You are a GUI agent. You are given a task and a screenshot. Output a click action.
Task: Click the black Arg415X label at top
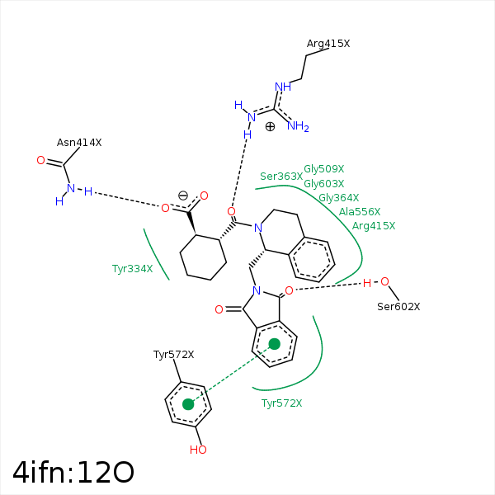[328, 44]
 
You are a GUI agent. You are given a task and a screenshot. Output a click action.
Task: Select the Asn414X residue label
[79, 143]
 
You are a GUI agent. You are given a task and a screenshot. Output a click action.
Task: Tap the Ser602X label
[398, 307]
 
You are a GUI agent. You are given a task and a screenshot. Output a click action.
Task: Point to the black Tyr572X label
[173, 355]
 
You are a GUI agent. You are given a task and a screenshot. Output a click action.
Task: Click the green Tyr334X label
[132, 269]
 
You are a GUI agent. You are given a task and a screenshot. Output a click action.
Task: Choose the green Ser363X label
[281, 177]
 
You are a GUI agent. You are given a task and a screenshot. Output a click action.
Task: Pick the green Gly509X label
[324, 169]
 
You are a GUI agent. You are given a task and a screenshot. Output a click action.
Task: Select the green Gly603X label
[324, 183]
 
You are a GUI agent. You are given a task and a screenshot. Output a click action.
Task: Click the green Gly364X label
[339, 198]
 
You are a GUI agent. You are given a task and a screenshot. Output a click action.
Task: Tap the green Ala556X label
[360, 211]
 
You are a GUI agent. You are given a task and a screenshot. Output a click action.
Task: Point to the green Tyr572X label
[281, 403]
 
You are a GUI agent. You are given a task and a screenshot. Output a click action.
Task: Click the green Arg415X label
[374, 226]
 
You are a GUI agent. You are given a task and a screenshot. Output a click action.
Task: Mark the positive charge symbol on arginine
[270, 126]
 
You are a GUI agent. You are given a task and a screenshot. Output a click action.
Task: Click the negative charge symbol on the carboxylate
[183, 196]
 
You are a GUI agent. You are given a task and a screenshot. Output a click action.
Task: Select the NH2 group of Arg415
[298, 126]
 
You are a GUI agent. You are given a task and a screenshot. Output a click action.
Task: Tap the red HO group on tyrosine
[198, 450]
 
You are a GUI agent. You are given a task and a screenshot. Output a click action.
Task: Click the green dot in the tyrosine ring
[188, 404]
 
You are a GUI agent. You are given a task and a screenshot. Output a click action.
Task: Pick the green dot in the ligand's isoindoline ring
[275, 344]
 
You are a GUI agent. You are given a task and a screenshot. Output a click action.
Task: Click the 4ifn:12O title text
[73, 472]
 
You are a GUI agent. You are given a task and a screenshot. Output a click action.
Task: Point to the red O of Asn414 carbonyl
[40, 160]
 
